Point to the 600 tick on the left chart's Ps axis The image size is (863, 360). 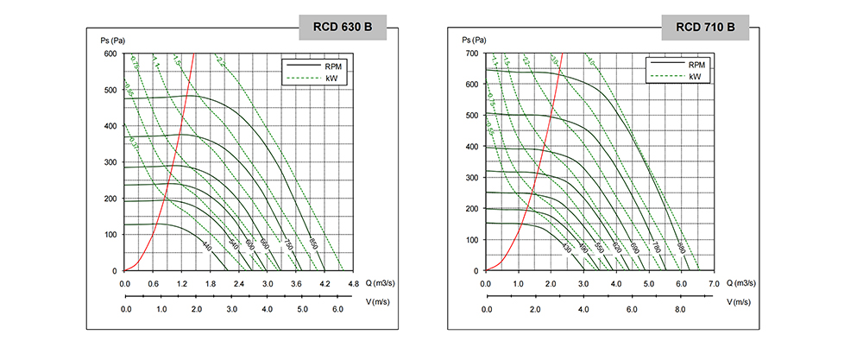pos(111,54)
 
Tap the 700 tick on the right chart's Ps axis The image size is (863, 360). pos(473,54)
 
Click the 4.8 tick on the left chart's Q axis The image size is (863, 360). pos(352,283)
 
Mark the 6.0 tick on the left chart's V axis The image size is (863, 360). pos(337,309)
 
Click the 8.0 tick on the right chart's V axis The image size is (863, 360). pos(680,309)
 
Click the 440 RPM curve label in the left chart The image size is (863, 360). pos(206,248)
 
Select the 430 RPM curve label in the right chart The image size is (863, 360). pos(567,249)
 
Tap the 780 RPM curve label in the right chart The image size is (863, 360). pos(655,249)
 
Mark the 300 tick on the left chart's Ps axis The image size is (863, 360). pos(111,162)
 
